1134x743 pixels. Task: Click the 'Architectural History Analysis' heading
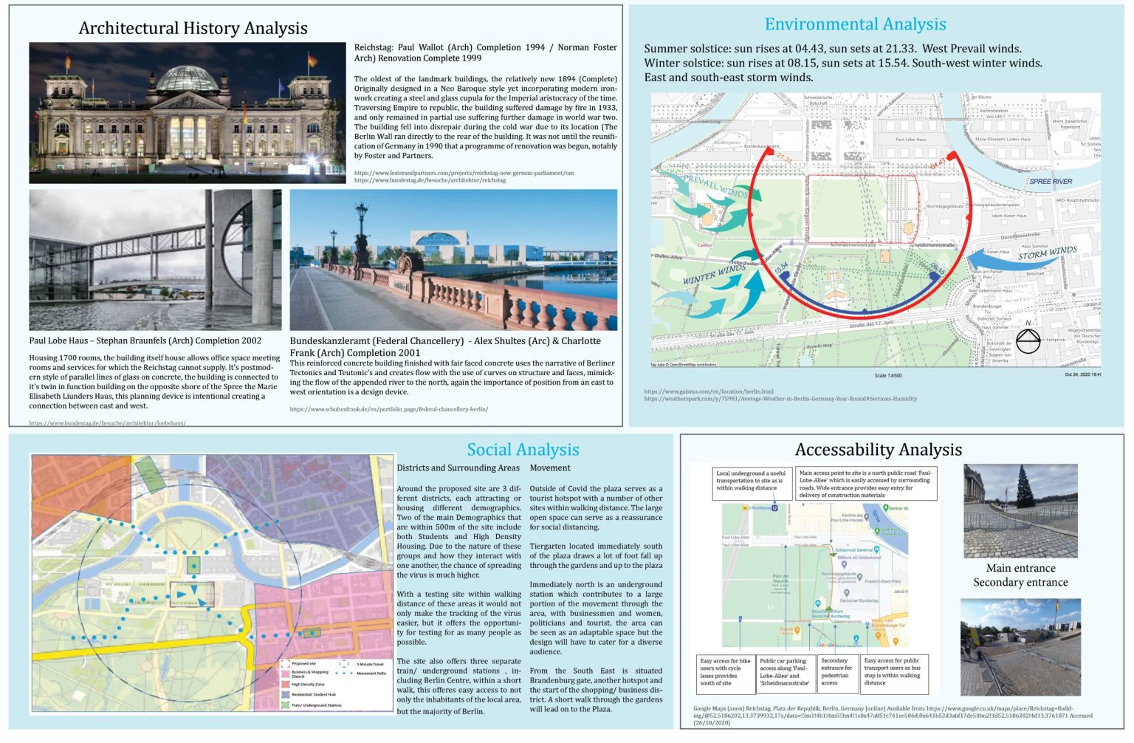click(x=193, y=28)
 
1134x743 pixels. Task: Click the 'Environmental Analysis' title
click(x=855, y=24)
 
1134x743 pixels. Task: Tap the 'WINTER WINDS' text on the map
click(x=713, y=275)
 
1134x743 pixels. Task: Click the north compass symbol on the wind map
click(x=1028, y=340)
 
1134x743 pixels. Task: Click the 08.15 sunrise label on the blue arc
click(x=937, y=267)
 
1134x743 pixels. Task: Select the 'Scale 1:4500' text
click(x=887, y=375)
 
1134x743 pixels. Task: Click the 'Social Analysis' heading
click(x=523, y=450)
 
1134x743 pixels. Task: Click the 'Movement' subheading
click(x=549, y=468)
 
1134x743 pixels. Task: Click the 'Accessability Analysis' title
click(x=878, y=450)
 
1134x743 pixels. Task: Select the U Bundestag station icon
click(x=775, y=507)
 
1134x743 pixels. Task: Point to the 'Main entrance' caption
click(x=1020, y=568)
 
